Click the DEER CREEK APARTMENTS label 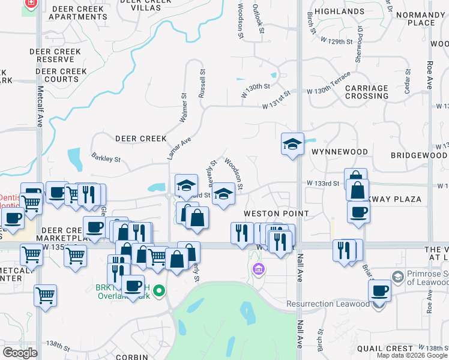click(78, 13)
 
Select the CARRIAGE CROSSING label click(366, 92)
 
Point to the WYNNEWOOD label click(335, 152)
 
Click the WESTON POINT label click(276, 214)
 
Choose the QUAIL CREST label click(385, 348)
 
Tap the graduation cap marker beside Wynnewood click(292, 144)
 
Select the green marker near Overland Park click(158, 291)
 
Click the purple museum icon click(259, 268)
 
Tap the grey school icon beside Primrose click(397, 277)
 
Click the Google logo click(20, 353)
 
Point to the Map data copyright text click(411, 355)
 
